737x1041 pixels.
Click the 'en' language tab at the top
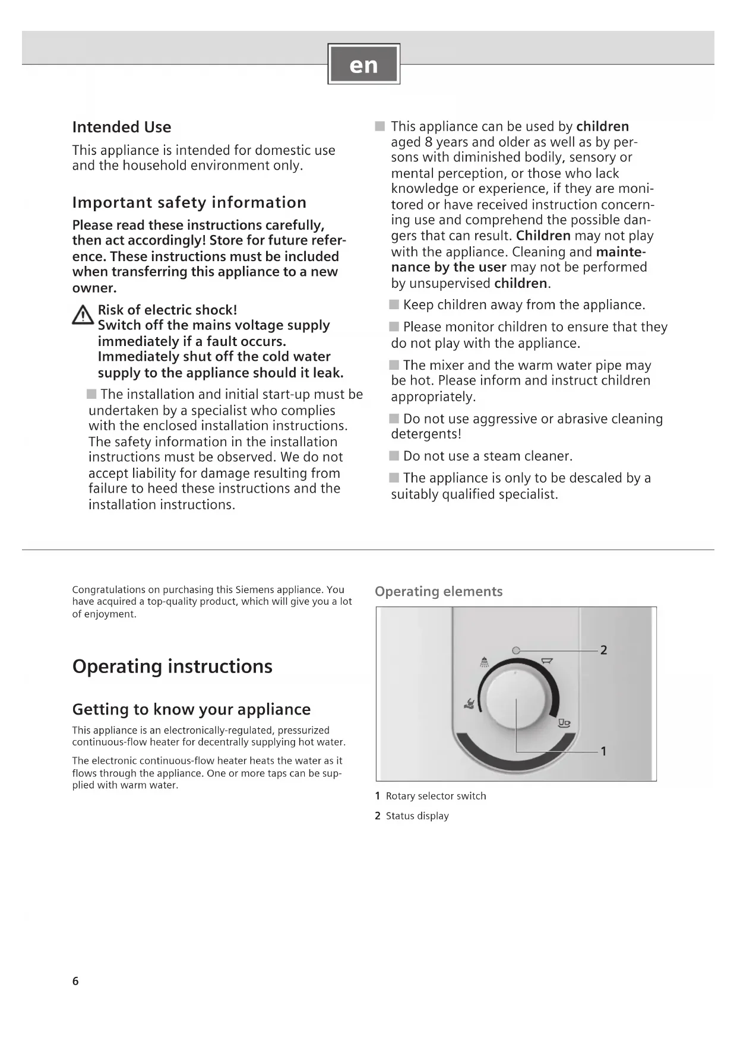[363, 64]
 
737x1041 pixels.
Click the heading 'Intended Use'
[122, 127]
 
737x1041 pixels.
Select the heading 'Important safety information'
[189, 202]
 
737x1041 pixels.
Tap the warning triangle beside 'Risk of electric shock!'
[82, 315]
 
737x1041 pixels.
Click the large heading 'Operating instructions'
[172, 666]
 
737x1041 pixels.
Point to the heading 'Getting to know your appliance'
[191, 709]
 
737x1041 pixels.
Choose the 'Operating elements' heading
[438, 591]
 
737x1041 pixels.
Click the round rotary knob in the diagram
[515, 699]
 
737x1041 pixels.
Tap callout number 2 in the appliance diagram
[603, 650]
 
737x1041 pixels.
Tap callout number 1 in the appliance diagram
[603, 751]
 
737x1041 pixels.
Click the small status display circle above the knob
[515, 650]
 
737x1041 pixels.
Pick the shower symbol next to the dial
[485, 662]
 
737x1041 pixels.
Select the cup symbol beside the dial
[564, 723]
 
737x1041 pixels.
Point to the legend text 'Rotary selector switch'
[436, 796]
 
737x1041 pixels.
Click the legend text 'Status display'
[417, 816]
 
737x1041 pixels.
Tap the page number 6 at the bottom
[75, 981]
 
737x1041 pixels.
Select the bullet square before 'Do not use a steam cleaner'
[394, 456]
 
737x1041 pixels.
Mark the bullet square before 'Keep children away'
[394, 304]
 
